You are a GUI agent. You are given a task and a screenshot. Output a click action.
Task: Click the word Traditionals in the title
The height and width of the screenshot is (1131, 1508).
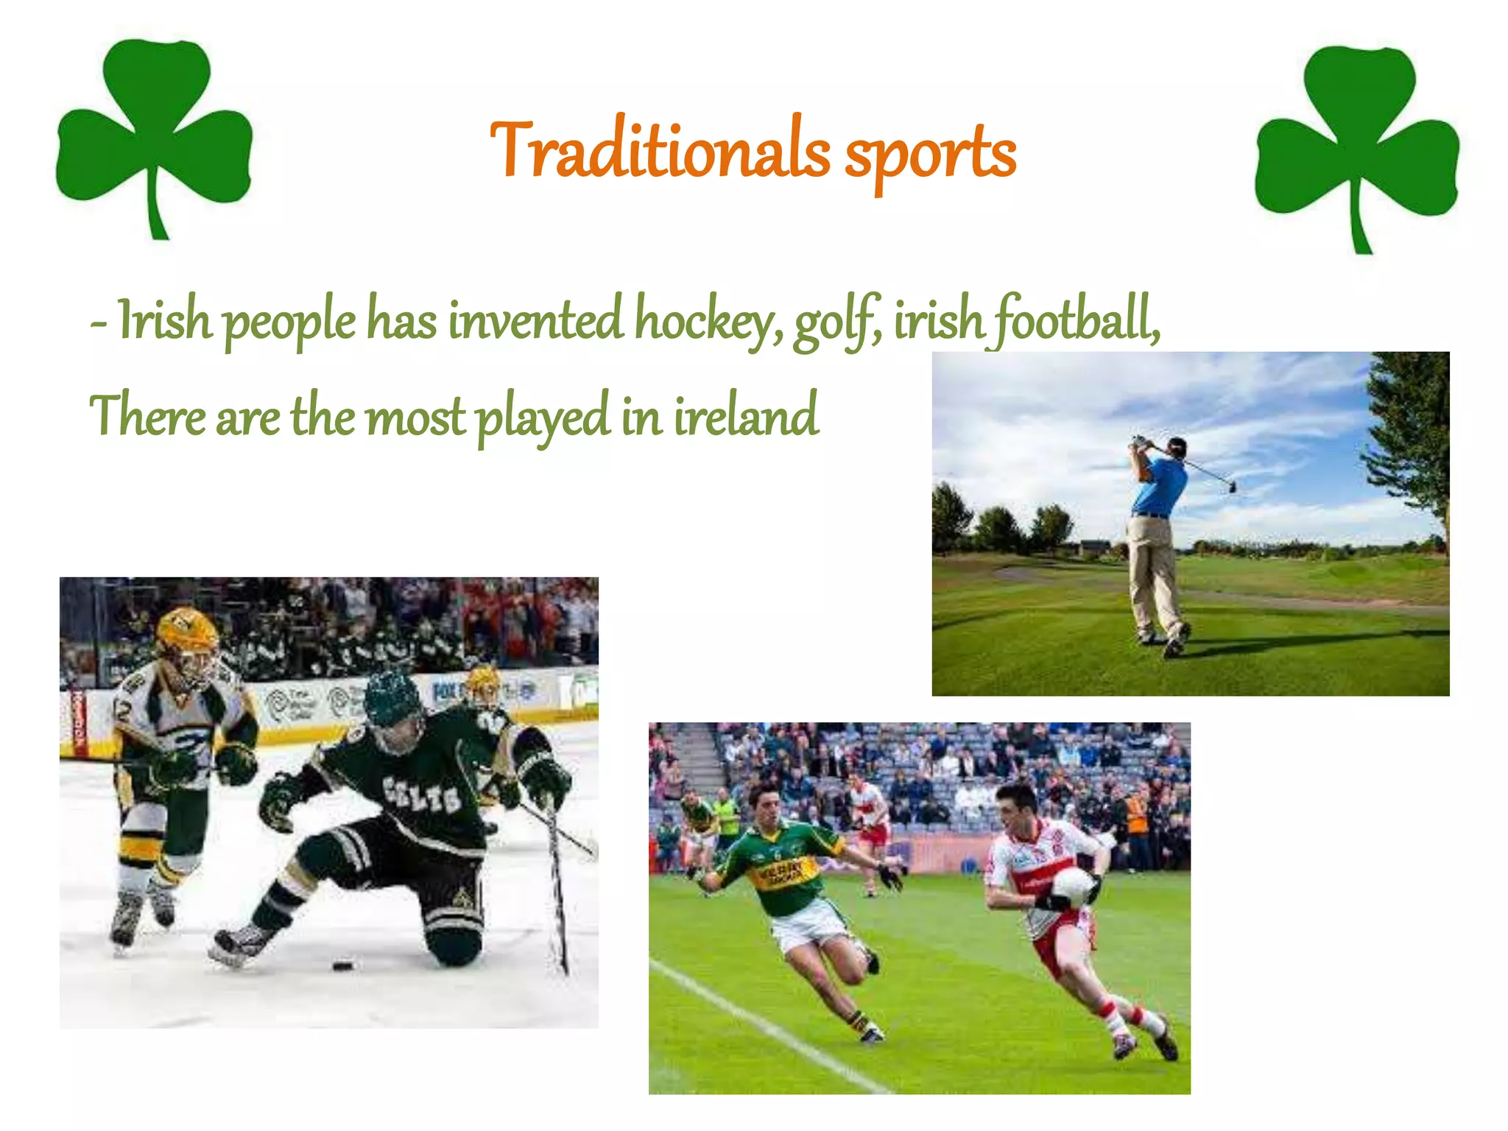click(x=660, y=151)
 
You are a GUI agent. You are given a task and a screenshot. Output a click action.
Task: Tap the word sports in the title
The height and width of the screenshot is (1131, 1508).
click(x=930, y=155)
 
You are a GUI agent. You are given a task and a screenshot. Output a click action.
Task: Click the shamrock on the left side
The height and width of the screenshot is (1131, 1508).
click(x=155, y=133)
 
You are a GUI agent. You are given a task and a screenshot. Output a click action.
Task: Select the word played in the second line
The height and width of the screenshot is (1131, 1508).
click(x=543, y=417)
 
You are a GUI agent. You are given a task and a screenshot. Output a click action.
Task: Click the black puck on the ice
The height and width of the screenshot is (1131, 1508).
click(x=342, y=965)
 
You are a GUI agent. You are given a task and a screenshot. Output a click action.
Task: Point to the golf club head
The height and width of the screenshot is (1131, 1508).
click(x=1232, y=487)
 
